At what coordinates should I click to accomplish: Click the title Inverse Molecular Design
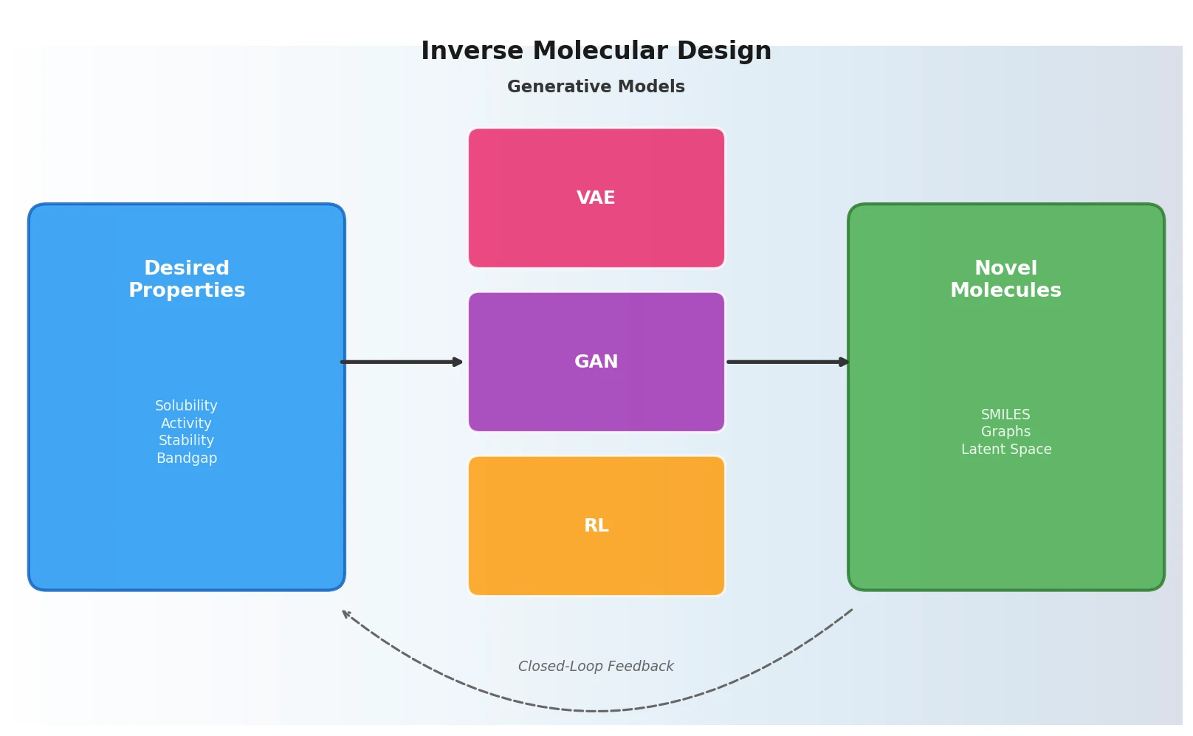[x=596, y=51]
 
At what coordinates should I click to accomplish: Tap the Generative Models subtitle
[x=596, y=87]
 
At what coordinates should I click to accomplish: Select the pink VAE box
[x=596, y=198]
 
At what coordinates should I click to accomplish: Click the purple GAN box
[x=596, y=362]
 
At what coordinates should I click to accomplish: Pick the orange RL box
[x=596, y=526]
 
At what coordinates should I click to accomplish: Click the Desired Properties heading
[x=187, y=279]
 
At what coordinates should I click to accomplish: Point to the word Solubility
[x=186, y=406]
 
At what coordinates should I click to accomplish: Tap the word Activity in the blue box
[x=186, y=424]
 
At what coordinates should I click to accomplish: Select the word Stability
[x=186, y=441]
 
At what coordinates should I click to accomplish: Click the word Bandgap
[x=187, y=458]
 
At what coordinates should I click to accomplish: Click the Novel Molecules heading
[x=1005, y=279]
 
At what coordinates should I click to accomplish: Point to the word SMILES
[x=1005, y=415]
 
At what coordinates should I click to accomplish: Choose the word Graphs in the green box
[x=1005, y=432]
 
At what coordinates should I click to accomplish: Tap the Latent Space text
[x=1005, y=450]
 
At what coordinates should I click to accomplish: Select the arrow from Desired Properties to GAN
[x=402, y=362]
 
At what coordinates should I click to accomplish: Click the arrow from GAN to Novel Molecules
[x=787, y=362]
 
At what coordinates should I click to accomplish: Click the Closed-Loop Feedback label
[x=596, y=667]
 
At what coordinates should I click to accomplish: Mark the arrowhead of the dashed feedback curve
[x=345, y=613]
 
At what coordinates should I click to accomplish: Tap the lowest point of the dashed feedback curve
[x=598, y=711]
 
